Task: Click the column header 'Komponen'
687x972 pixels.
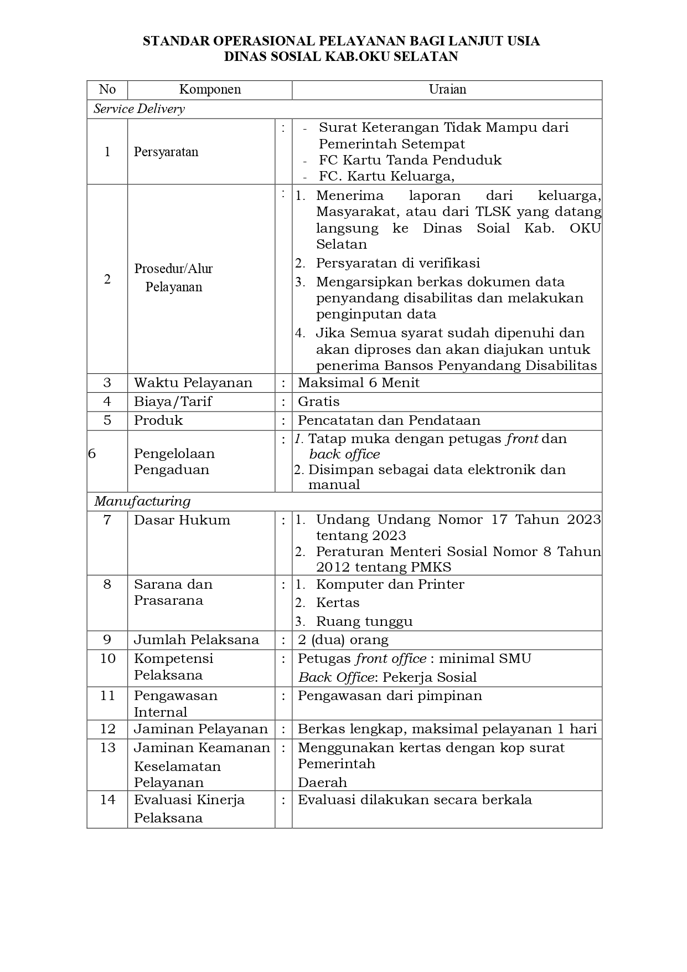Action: coord(210,90)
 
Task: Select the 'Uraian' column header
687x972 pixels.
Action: coord(447,90)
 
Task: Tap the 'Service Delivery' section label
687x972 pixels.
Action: coord(139,109)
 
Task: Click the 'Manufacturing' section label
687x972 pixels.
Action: coord(142,501)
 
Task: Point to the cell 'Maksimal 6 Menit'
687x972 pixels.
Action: coord(359,383)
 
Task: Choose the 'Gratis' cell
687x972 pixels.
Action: coord(319,402)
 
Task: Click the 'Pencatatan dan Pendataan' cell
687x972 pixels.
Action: coord(389,420)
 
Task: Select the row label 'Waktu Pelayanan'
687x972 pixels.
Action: coord(193,383)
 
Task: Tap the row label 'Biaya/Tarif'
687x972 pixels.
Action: coord(173,402)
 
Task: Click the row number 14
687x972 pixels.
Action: coord(107,800)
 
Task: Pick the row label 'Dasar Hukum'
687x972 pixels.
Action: coord(182,520)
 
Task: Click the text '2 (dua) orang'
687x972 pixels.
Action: coord(343,640)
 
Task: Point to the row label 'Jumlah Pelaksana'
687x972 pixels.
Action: coord(197,640)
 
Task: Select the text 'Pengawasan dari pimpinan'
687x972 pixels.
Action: coord(390,696)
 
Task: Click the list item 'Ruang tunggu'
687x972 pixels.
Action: coord(364,621)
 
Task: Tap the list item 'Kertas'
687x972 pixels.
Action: coord(338,603)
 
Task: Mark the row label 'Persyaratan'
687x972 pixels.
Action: coord(166,152)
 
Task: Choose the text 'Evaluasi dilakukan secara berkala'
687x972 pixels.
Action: coord(415,800)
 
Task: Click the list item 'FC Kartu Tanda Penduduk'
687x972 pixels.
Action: coord(410,160)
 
